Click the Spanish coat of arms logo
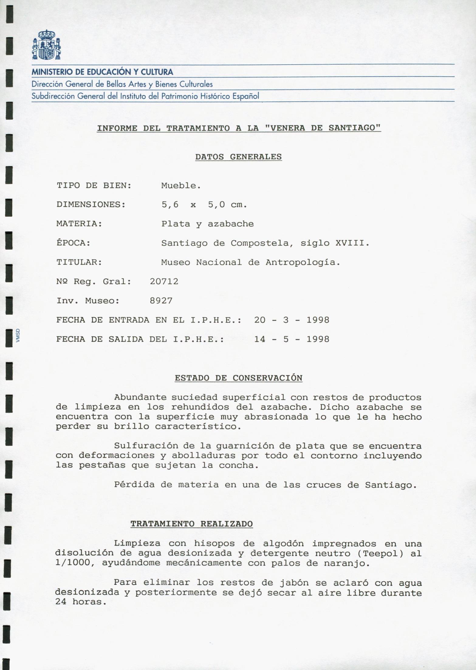coord(46,45)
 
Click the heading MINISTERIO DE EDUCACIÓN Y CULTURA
coord(102,72)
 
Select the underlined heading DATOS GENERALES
coord(238,157)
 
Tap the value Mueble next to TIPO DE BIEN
coord(181,186)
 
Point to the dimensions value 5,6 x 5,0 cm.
coord(204,205)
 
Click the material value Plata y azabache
coord(207,224)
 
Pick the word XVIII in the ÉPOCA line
coord(351,243)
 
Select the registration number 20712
coord(164,282)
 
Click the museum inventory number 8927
coord(161,301)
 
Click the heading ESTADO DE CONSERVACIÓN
coord(238,378)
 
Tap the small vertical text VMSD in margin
coord(18,336)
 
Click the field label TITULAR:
coord(79,262)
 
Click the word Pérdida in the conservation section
coord(134,485)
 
